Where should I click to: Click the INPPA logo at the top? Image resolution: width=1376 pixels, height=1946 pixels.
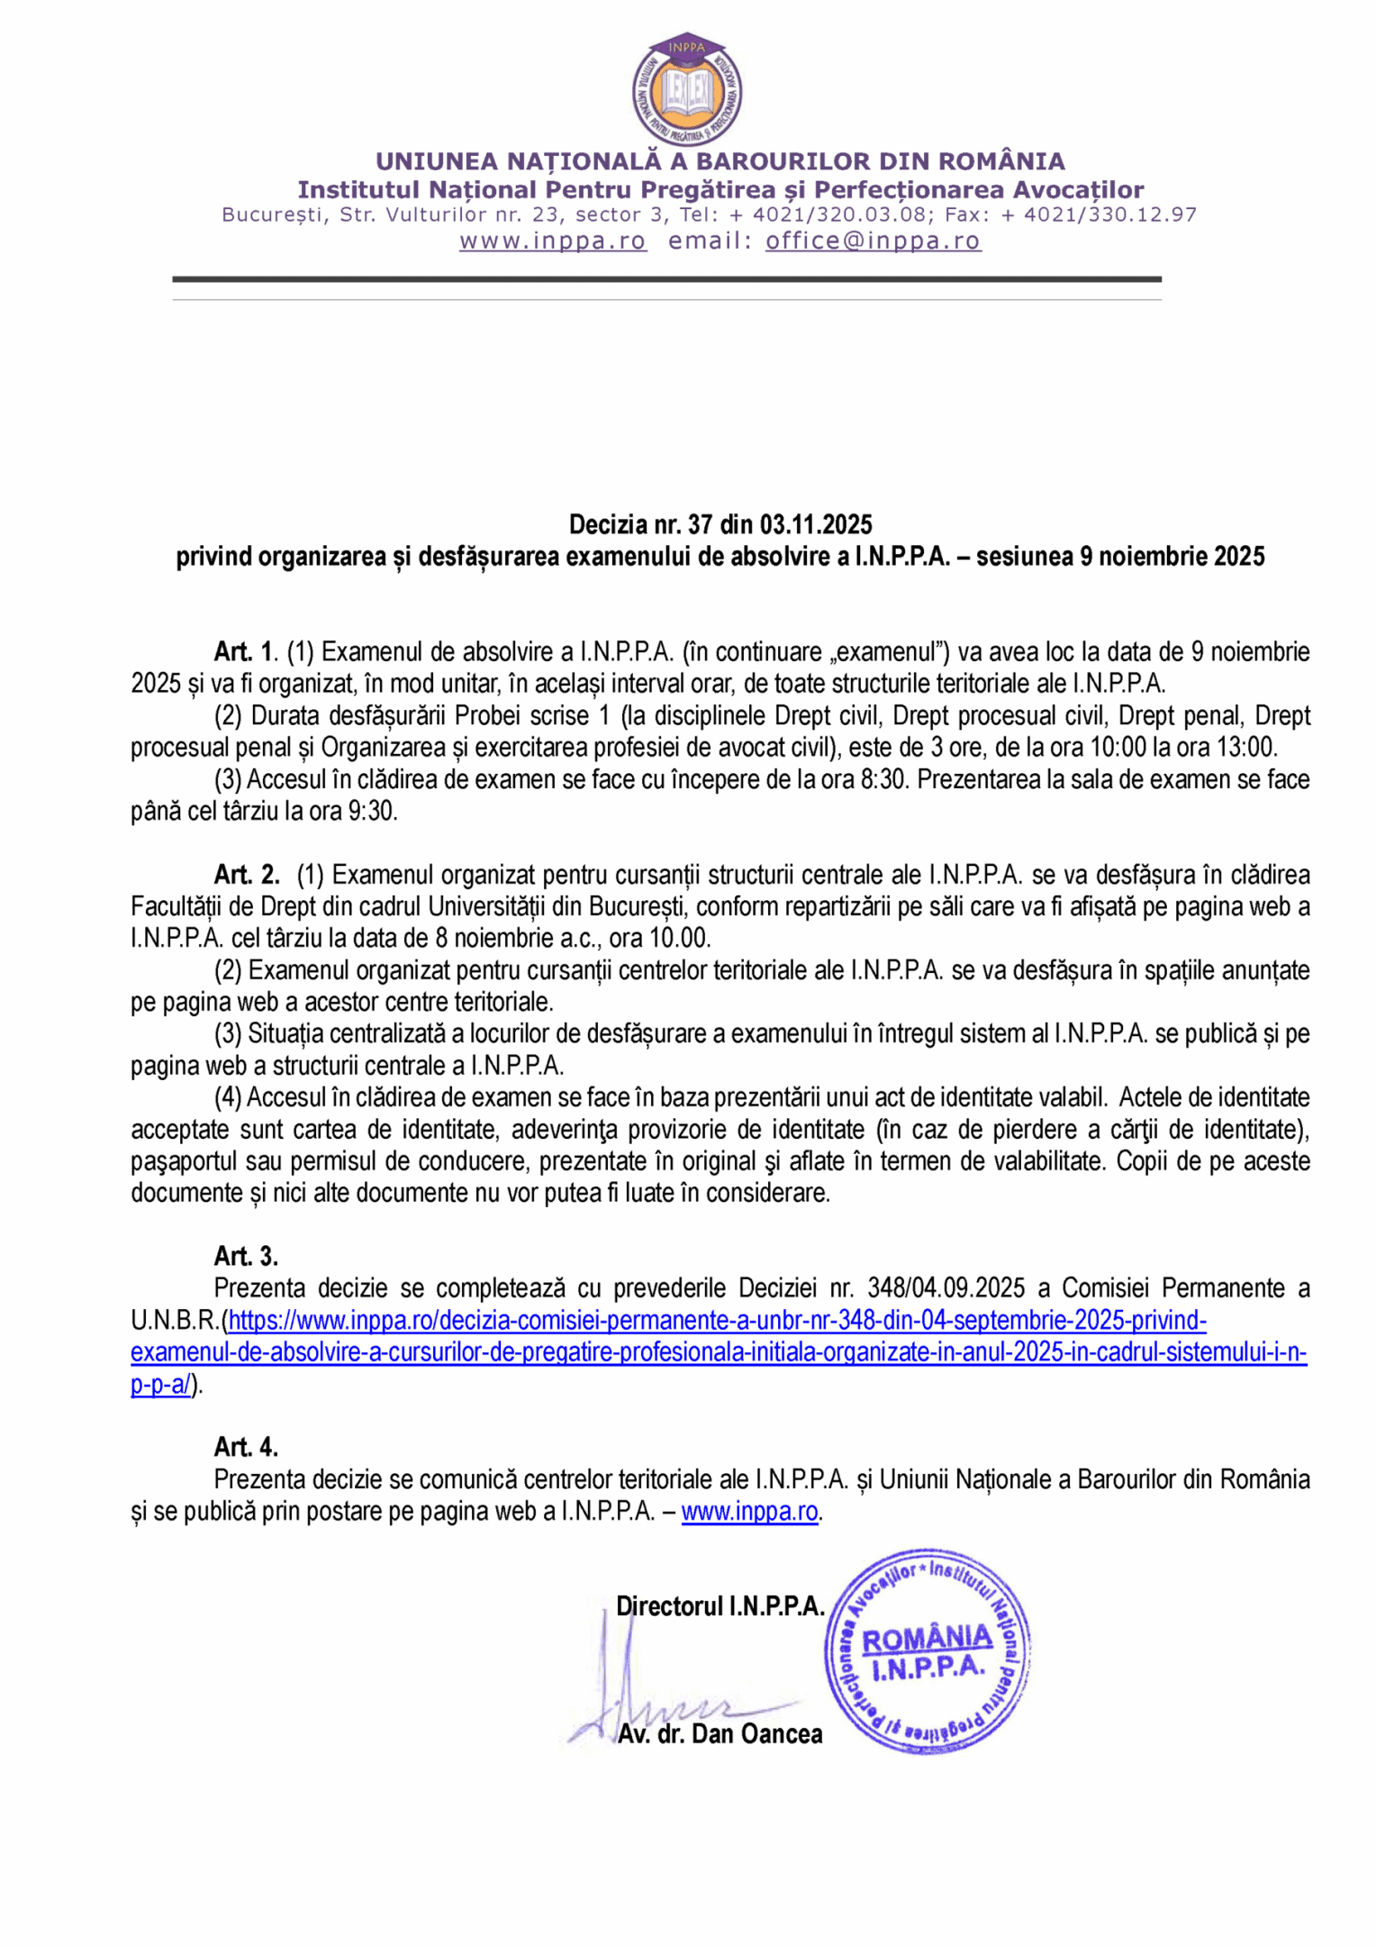(x=687, y=90)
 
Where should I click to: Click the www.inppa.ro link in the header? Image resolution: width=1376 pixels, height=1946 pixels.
(x=553, y=241)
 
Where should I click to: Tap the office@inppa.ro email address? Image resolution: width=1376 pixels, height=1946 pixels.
(x=873, y=241)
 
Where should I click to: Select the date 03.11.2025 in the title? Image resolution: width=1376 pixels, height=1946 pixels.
(x=816, y=524)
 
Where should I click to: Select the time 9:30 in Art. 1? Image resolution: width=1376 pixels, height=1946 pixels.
(x=372, y=811)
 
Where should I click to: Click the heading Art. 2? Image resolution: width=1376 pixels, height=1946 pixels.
(x=246, y=874)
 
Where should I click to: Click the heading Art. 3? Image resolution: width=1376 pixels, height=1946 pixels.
(x=246, y=1255)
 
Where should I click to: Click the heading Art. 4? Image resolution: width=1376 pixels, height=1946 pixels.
(x=246, y=1446)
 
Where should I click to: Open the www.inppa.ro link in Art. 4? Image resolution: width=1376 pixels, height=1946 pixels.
(x=749, y=1511)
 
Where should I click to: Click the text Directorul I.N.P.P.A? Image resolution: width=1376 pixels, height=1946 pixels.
(x=720, y=1605)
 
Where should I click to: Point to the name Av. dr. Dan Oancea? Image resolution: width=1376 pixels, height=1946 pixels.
(x=720, y=1733)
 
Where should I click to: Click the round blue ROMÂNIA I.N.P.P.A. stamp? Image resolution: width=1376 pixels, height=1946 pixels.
(x=928, y=1651)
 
